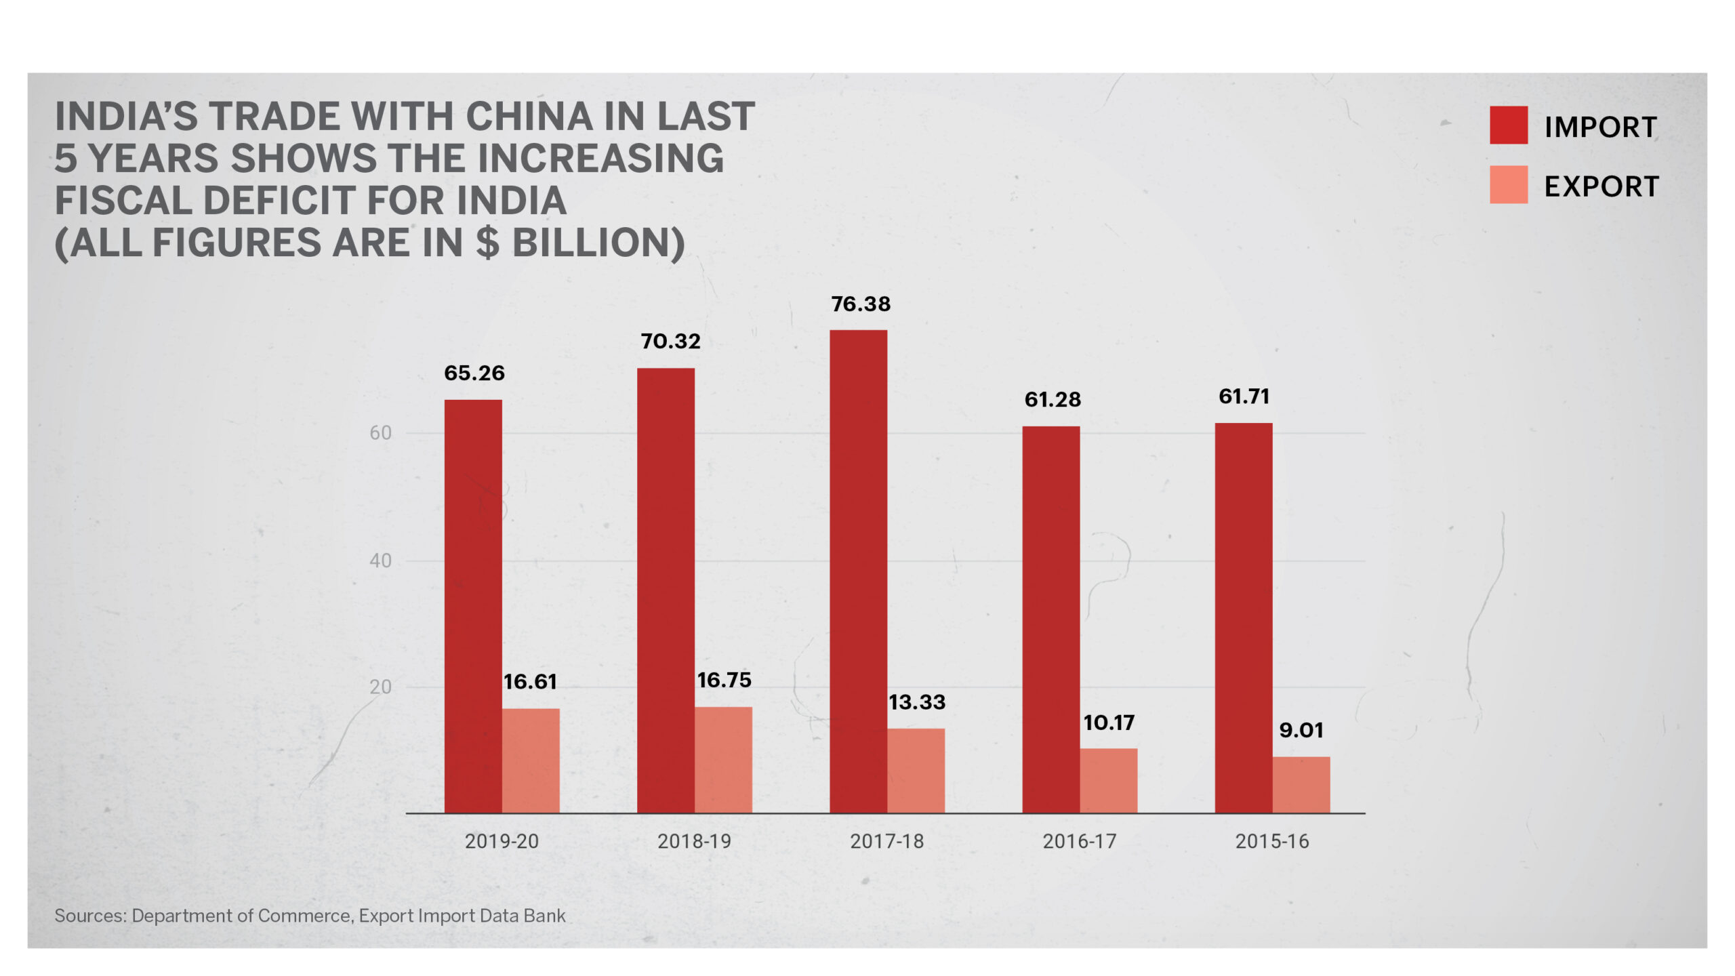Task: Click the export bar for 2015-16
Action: point(1301,784)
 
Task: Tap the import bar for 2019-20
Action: point(473,606)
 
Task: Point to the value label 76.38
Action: point(861,304)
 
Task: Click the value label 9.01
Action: point(1301,731)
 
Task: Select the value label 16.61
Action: point(530,682)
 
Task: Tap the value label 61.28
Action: point(1053,400)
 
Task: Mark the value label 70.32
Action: point(670,342)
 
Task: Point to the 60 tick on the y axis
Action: point(380,433)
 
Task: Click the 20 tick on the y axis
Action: point(380,687)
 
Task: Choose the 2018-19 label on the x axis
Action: point(694,842)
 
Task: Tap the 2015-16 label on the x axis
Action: point(1271,842)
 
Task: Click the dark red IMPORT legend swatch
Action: point(1508,125)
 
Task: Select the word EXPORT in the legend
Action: point(1601,187)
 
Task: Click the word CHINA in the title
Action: point(529,117)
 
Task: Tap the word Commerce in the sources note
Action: point(304,916)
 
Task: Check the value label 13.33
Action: point(916,703)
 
